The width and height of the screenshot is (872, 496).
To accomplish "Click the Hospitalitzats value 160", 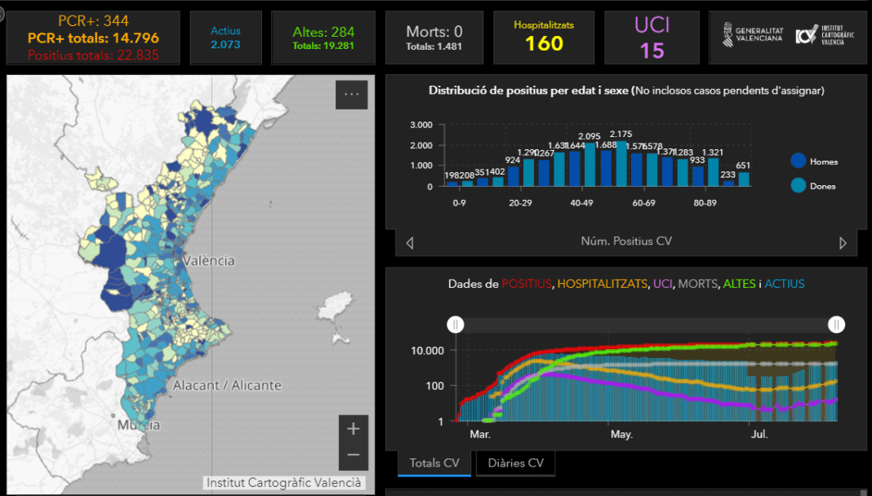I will (544, 44).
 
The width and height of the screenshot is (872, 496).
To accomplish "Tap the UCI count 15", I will (652, 51).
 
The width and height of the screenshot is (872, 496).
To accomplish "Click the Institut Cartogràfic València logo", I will (821, 35).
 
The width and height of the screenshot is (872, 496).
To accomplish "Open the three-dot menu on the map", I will (351, 95).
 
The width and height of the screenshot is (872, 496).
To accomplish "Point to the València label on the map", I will (208, 261).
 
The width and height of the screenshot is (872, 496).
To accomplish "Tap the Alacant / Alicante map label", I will (227, 385).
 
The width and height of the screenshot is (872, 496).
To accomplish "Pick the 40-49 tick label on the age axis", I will (581, 202).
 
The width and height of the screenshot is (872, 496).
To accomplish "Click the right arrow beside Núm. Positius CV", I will (843, 242).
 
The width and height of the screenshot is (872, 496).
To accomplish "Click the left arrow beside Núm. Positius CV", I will (410, 242).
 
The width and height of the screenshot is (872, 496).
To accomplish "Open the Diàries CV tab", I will (515, 463).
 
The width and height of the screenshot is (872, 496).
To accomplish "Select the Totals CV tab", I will (434, 463).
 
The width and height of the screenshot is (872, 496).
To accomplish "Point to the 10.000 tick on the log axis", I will (427, 350).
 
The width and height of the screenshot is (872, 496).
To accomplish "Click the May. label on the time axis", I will (621, 435).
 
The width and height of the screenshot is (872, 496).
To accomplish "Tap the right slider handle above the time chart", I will (836, 325).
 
